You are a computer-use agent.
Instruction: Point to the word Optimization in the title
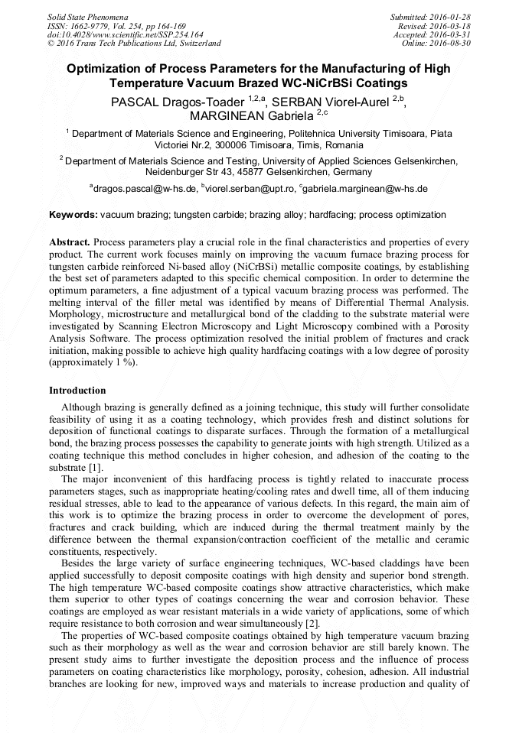(104, 69)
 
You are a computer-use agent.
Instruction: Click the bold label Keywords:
(73, 215)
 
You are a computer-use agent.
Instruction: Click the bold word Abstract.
(70, 242)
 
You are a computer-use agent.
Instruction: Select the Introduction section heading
(77, 391)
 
